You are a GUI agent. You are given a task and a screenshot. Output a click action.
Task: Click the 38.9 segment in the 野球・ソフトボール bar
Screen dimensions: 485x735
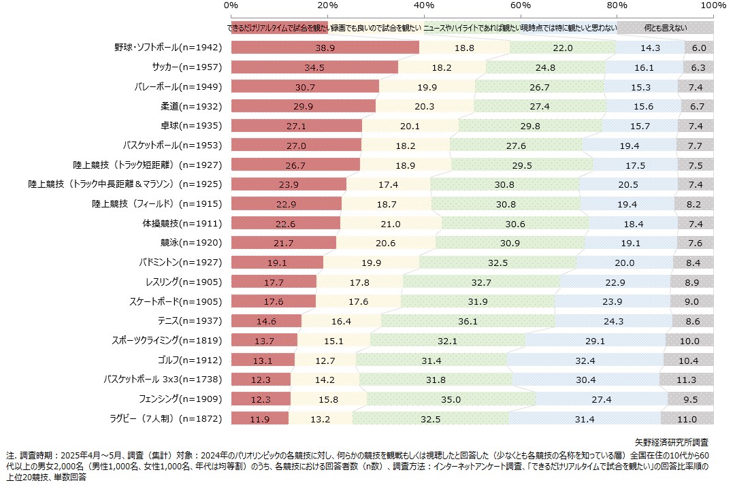(325, 48)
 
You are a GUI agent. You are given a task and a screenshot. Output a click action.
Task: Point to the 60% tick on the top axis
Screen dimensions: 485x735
(521, 5)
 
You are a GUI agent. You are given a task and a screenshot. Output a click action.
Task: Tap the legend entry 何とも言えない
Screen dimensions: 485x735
(666, 28)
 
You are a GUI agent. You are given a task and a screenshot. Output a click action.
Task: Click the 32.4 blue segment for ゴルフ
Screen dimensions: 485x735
(585, 360)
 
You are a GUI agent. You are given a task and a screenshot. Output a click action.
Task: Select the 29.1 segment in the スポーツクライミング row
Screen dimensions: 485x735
(595, 341)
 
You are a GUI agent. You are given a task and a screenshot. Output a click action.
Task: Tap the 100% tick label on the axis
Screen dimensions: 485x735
(713, 5)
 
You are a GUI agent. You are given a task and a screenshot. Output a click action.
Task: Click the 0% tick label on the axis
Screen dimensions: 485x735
(231, 5)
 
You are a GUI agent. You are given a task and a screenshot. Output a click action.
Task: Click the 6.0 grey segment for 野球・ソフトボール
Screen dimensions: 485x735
(699, 48)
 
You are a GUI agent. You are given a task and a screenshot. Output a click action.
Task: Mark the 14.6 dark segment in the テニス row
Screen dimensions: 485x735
(266, 321)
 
